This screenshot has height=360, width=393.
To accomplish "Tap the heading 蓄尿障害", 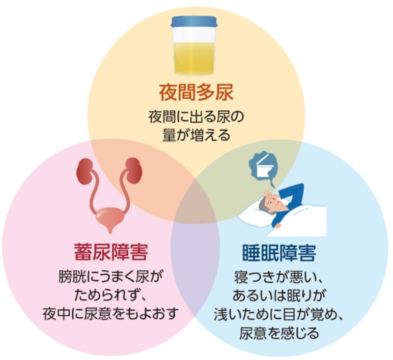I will click(x=110, y=253).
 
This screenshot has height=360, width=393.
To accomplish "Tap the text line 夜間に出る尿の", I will click(x=196, y=117).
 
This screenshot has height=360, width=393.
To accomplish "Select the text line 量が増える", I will click(x=196, y=135).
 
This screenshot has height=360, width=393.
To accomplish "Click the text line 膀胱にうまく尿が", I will click(x=110, y=277).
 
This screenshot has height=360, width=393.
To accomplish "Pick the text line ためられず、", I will click(x=110, y=295).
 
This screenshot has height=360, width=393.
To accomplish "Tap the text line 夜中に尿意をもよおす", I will click(x=110, y=313).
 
